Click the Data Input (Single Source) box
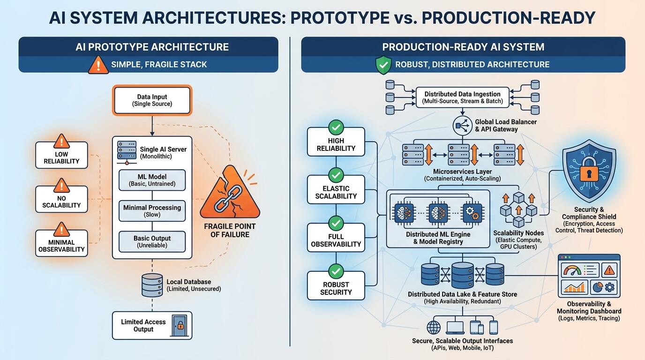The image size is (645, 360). (152, 100)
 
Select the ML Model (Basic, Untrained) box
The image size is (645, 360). (152, 180)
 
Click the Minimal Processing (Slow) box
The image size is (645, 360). (152, 211)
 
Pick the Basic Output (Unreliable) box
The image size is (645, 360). (152, 241)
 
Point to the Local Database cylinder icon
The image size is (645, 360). (152, 285)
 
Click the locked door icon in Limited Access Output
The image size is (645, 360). (180, 325)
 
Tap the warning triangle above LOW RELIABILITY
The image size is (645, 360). (61, 141)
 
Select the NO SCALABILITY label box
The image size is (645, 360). (61, 199)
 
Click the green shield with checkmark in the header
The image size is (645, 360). (383, 65)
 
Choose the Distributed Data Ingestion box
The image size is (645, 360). (463, 97)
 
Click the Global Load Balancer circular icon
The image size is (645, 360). (463, 126)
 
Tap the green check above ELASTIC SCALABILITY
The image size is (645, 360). (336, 175)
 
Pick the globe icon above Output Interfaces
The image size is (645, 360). (434, 328)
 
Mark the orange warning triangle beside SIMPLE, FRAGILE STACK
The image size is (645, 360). (98, 65)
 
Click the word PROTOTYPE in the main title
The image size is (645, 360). (340, 17)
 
